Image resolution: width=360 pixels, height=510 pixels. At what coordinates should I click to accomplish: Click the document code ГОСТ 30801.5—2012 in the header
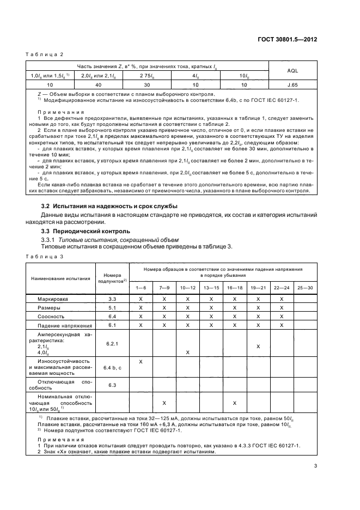(288, 40)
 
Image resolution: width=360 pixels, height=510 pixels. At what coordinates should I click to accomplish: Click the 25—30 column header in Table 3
(306, 287)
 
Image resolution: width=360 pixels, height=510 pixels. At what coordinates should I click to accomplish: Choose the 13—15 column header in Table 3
(211, 287)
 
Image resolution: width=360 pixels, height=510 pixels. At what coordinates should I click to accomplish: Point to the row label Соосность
(51, 316)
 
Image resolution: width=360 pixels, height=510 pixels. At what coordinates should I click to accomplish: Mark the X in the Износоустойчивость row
(141, 362)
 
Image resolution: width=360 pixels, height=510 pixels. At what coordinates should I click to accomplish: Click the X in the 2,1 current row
(258, 346)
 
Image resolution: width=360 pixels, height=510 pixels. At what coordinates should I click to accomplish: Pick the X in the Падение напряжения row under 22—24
(282, 325)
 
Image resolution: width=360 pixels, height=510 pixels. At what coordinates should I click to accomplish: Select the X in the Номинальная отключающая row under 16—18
(234, 403)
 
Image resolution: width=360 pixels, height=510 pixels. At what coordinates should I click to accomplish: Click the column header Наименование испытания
(60, 278)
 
